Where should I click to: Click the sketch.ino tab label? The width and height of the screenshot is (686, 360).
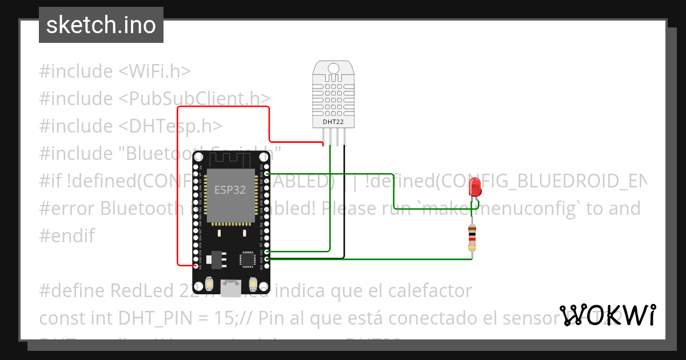101,25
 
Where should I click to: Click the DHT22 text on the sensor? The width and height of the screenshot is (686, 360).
333,121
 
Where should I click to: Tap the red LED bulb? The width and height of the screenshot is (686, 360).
474,187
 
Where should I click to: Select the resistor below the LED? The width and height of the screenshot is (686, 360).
472,238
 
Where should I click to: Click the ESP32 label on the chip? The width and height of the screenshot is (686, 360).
230,190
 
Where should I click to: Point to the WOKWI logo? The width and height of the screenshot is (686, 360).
607,315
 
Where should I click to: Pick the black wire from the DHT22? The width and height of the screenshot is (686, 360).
344,200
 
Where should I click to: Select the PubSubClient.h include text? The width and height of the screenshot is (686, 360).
194,98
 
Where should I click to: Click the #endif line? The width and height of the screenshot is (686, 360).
67,235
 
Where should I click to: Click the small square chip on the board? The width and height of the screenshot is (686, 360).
248,259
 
